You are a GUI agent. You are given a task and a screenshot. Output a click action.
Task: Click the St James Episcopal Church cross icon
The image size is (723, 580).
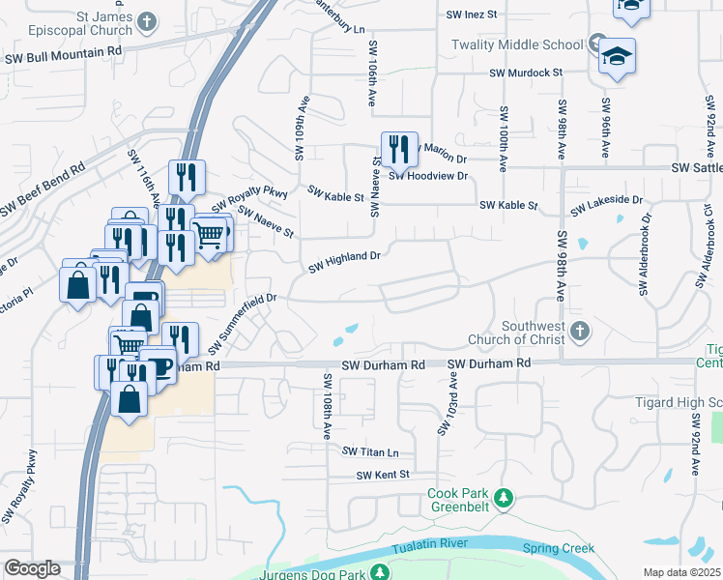147,21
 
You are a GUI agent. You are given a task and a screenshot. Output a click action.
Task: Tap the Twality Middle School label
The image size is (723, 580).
517,45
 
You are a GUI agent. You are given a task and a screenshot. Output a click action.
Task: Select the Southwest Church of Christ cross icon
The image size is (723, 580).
579,333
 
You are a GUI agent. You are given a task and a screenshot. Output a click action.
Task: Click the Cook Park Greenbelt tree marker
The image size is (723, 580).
503,500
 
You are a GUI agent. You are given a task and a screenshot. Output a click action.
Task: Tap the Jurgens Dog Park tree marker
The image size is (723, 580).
382,572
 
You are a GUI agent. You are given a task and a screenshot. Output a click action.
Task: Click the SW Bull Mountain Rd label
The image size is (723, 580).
64,57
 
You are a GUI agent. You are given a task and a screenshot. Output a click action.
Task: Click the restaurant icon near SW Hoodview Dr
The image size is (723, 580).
399,150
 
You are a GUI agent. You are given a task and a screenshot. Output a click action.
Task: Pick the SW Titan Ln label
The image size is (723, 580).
370,451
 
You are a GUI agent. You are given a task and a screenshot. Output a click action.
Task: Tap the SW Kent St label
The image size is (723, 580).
383,475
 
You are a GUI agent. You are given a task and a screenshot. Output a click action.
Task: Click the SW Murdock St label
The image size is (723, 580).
526,72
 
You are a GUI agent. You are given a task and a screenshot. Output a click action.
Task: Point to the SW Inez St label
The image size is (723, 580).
471,14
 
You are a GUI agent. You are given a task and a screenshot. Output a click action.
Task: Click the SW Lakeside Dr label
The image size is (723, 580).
606,205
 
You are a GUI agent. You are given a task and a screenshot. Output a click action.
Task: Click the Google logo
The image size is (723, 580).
32,568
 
